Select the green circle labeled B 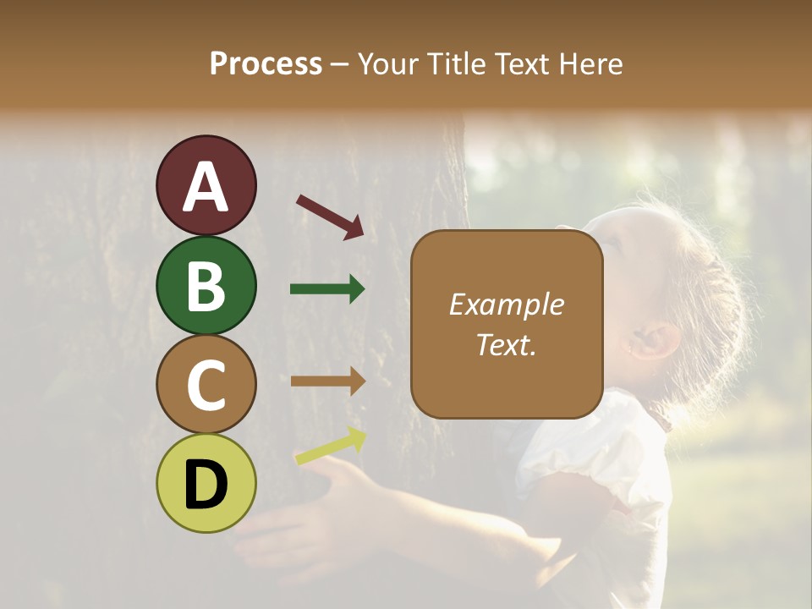point(206,285)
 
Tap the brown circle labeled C point(206,384)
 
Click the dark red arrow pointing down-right point(331,217)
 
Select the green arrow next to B point(327,289)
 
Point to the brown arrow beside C point(327,381)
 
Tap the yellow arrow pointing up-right point(331,447)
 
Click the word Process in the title point(266,63)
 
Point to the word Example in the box point(506,304)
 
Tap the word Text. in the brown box point(506,344)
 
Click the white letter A point(206,188)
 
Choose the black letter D point(206,485)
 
